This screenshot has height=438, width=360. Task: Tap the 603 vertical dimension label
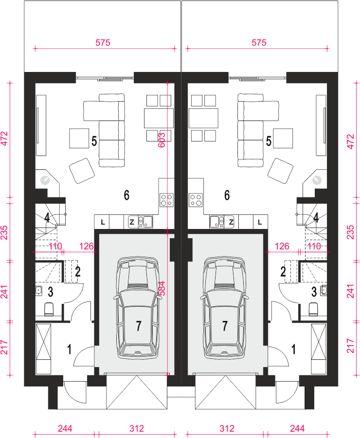pos(162,140)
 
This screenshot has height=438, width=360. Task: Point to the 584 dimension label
pos(162,288)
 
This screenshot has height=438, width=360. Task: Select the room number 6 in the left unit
pos(126,195)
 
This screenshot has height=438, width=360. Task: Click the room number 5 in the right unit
pos(269,141)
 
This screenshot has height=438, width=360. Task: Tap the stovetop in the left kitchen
pos(166,200)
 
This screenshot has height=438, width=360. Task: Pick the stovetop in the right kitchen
pos(196,200)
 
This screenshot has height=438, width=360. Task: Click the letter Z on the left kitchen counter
pos(132,222)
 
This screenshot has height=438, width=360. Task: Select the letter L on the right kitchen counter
pos(260,222)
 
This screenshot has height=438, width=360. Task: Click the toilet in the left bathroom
pos(49,309)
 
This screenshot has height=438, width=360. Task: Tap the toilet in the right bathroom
pos(313,309)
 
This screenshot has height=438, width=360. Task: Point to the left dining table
pos(159,118)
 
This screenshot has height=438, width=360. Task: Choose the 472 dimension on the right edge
pos(350,141)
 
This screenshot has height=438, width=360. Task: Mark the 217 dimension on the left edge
pos(4,347)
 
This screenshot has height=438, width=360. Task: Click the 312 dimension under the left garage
pos(137,428)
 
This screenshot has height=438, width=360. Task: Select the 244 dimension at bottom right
pos(297,428)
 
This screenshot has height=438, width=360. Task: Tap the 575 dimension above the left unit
pos(103,43)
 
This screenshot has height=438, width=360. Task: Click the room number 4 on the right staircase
pos(316,218)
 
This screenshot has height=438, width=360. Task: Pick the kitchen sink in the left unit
pos(145,222)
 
